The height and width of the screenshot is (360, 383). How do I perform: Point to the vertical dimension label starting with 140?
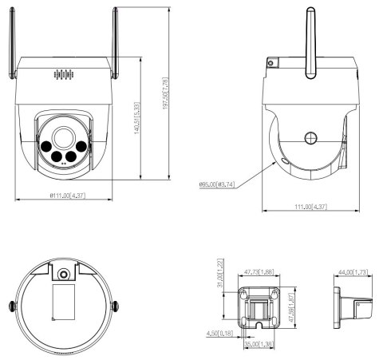click(139, 120)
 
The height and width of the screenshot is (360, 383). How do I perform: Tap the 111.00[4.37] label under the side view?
click(309, 208)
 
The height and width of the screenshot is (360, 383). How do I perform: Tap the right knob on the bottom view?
click(115, 306)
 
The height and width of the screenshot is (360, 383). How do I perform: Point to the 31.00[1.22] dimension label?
click(219, 277)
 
